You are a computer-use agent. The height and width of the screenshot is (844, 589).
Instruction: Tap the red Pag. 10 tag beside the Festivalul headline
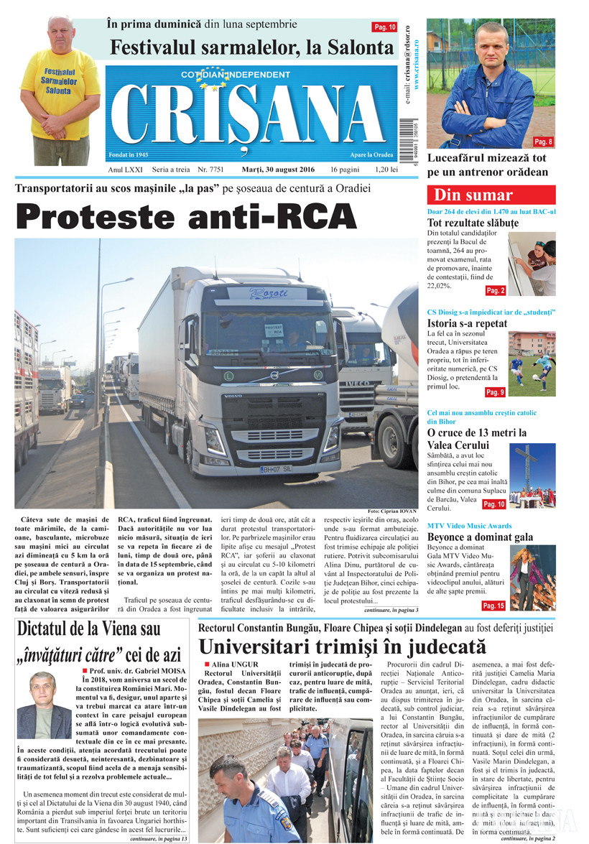[384, 27]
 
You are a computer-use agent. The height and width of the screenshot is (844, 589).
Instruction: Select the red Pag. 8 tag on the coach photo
[544, 142]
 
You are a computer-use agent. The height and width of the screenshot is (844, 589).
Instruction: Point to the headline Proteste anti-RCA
[187, 217]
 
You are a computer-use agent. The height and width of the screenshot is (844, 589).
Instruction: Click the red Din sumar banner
[491, 195]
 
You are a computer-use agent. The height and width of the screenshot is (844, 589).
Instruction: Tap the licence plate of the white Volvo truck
[276, 469]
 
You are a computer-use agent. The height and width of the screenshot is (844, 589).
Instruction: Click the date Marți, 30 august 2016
[276, 170]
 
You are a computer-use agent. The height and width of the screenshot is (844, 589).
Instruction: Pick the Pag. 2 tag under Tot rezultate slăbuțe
[496, 290]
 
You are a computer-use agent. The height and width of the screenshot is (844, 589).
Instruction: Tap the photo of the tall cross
[532, 476]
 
